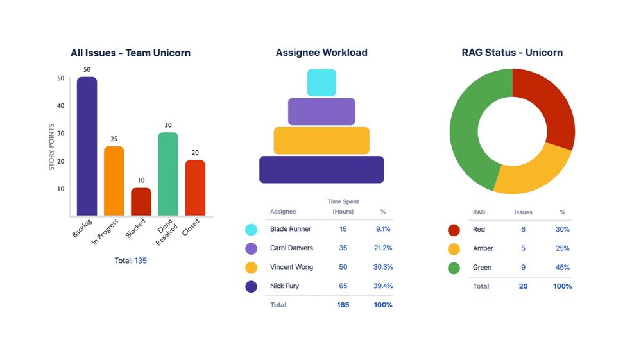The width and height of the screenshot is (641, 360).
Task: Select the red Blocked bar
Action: pyautogui.click(x=141, y=201)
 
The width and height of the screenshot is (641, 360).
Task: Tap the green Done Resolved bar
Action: pyautogui.click(x=168, y=174)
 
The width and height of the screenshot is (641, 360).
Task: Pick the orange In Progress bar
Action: pyautogui.click(x=114, y=181)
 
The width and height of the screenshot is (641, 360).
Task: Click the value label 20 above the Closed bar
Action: pyautogui.click(x=195, y=153)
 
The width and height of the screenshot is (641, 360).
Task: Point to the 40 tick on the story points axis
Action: pyautogui.click(x=61, y=106)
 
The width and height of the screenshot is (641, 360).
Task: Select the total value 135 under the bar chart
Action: pyautogui.click(x=141, y=261)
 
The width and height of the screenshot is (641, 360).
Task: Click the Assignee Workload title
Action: pyautogui.click(x=321, y=53)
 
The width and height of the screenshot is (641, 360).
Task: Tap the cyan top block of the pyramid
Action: pyautogui.click(x=321, y=82)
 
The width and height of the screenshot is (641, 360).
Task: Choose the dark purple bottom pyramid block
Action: pyautogui.click(x=321, y=169)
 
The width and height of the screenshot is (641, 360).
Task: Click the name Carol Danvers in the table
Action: pyautogui.click(x=291, y=248)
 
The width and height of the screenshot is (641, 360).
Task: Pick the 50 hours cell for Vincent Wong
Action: pyautogui.click(x=343, y=267)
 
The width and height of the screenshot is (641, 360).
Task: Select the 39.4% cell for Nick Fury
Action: pyautogui.click(x=383, y=286)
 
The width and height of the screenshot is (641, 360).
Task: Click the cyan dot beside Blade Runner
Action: pyautogui.click(x=252, y=229)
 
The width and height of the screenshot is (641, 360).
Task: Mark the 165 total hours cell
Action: pyautogui.click(x=343, y=305)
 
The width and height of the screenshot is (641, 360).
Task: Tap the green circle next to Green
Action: pyautogui.click(x=454, y=268)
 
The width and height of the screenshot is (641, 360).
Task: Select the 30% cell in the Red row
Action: pyautogui.click(x=563, y=229)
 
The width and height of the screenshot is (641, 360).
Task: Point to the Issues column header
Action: pyautogui.click(x=523, y=212)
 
